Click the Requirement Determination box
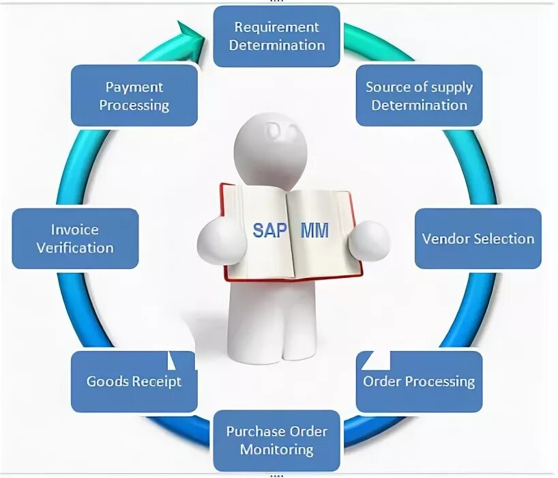pyautogui.click(x=276, y=36)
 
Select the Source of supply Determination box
pyautogui.click(x=419, y=96)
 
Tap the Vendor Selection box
pyautogui.click(x=478, y=238)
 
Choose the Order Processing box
pyautogui.click(x=419, y=381)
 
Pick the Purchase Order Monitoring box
pyautogui.click(x=276, y=440)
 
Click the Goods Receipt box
pyautogui.click(x=134, y=381)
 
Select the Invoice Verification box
pyautogui.click(x=75, y=238)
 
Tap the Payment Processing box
pyautogui.click(x=134, y=96)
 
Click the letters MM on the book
pyautogui.click(x=314, y=230)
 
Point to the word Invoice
pyautogui.click(x=75, y=229)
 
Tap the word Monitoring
pyautogui.click(x=276, y=449)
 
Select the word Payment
pyautogui.click(x=134, y=87)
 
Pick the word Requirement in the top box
pyautogui.click(x=276, y=27)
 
